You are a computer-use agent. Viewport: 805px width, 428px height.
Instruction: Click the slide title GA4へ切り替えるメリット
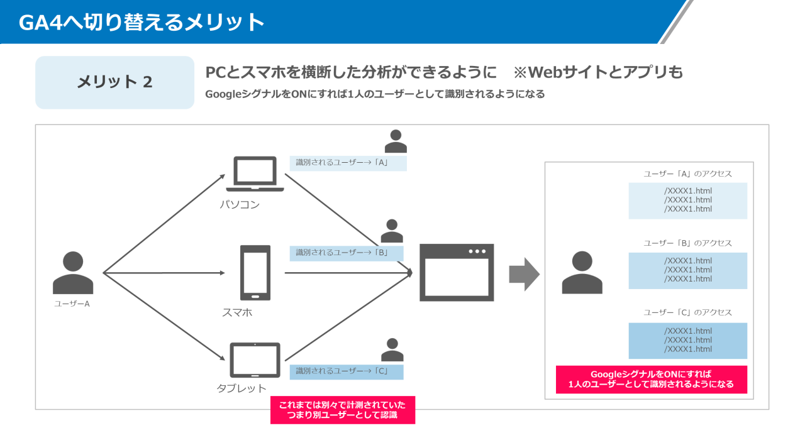click(142, 23)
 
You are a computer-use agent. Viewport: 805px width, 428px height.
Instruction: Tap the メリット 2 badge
click(114, 82)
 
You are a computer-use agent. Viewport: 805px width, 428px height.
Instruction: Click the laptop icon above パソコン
click(255, 174)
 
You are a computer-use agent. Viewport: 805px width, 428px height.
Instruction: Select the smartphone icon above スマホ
click(255, 273)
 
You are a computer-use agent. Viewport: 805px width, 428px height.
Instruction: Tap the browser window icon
click(457, 273)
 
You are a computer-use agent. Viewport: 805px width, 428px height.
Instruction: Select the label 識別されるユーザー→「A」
click(347, 163)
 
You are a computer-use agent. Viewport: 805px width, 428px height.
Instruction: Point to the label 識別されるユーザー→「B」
click(346, 253)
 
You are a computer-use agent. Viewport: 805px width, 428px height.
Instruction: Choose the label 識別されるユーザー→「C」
click(346, 371)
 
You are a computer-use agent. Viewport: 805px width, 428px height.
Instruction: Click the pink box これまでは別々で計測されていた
click(343, 410)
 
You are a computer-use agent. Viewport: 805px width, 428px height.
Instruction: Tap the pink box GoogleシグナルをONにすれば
click(651, 380)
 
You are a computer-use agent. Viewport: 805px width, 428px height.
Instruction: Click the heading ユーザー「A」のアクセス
click(687, 174)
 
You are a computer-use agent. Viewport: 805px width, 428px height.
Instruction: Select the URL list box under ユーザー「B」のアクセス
click(687, 270)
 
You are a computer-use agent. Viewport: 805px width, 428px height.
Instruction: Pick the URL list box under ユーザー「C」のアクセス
click(687, 340)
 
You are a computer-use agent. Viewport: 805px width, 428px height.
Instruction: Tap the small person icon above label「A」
click(396, 141)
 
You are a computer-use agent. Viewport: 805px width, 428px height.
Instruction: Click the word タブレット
click(241, 388)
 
